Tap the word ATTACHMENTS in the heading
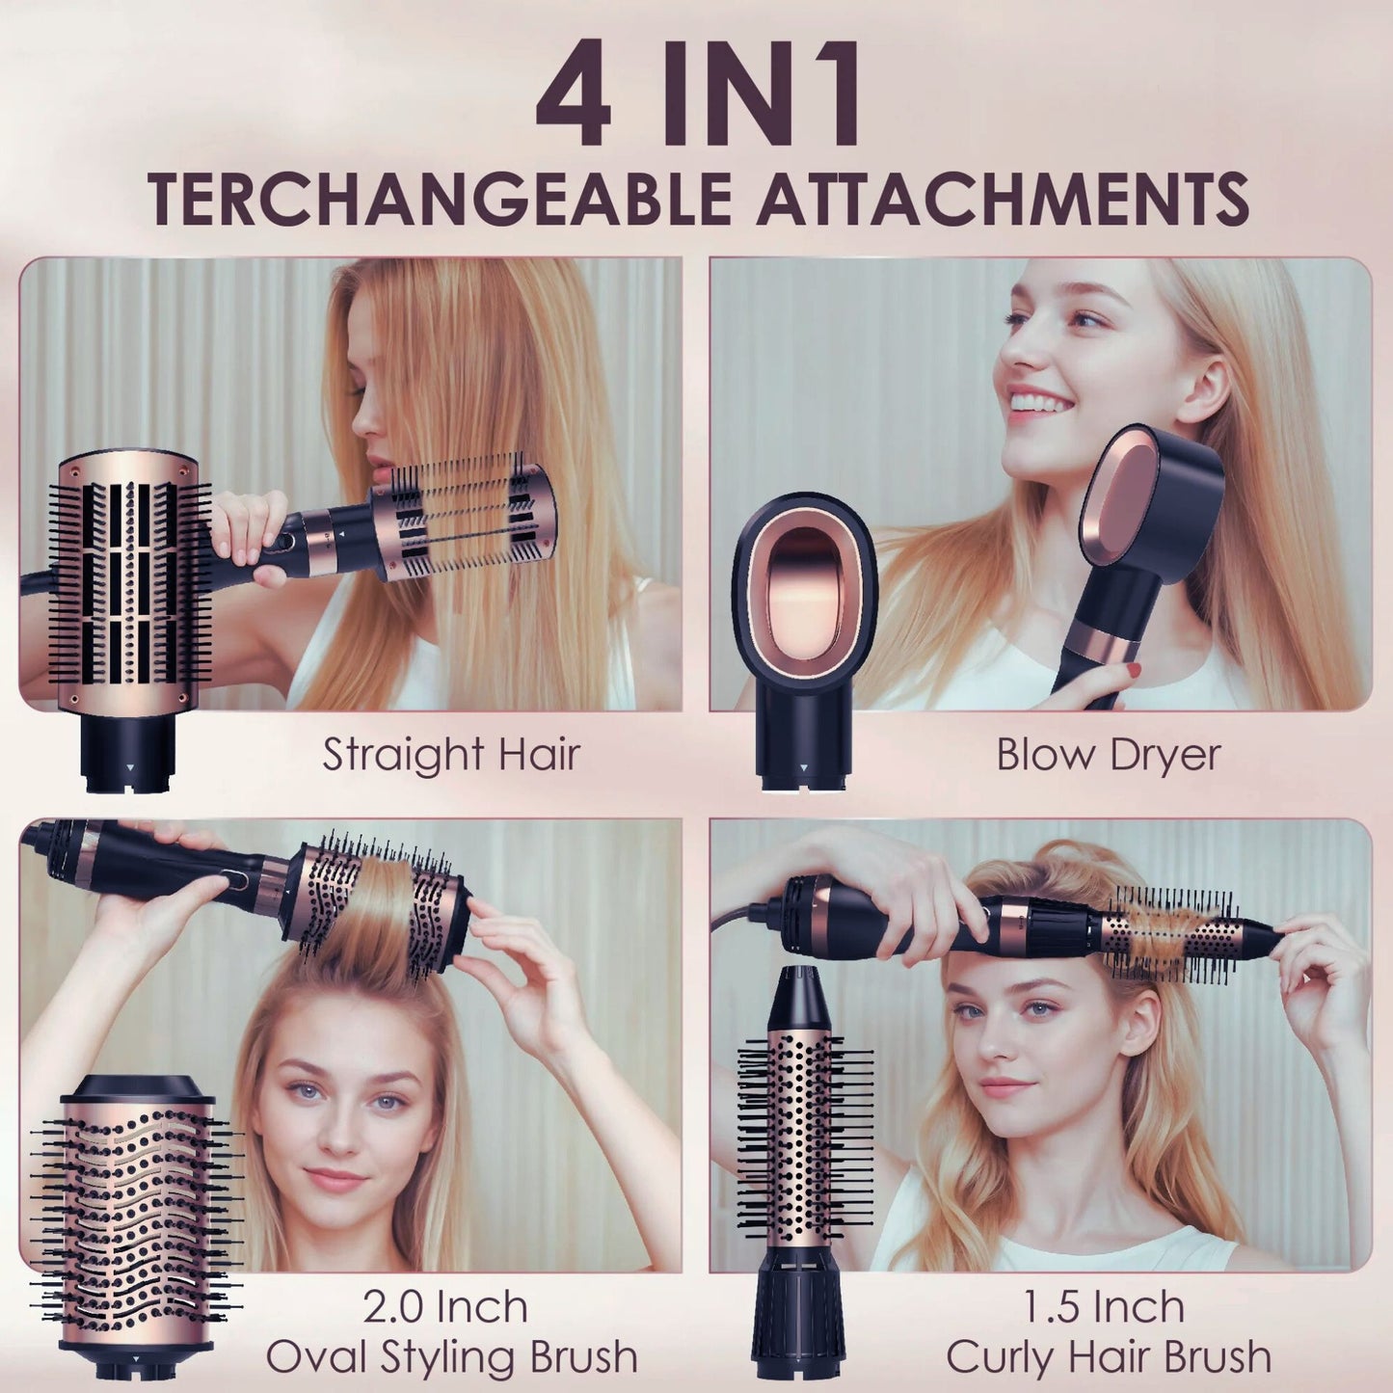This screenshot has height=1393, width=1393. pyautogui.click(x=1002, y=199)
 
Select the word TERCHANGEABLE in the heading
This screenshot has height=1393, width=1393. pyautogui.click(x=440, y=199)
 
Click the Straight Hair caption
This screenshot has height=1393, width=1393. pyautogui.click(x=451, y=754)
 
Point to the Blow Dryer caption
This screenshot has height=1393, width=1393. pyautogui.click(x=1108, y=754)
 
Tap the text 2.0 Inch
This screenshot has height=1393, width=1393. pyautogui.click(x=445, y=1307)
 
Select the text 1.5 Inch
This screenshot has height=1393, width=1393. pyautogui.click(x=1104, y=1307)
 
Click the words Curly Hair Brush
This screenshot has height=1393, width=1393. pyautogui.click(x=1109, y=1356)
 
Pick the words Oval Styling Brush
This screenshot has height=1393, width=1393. pyautogui.click(x=451, y=1356)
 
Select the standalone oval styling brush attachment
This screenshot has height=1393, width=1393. pyautogui.click(x=135, y=1215)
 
